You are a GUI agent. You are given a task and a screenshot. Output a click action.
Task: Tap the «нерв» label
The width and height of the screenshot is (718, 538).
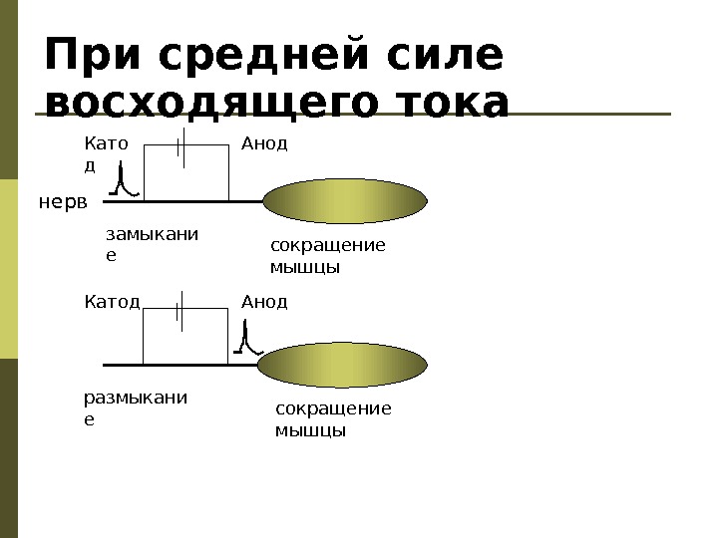(63, 202)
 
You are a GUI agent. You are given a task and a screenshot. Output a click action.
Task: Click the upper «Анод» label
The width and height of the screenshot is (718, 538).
(264, 143)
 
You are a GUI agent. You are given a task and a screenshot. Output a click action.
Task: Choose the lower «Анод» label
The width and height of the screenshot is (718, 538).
(264, 301)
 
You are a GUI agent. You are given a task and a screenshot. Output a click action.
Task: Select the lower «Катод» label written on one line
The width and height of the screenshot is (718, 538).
(111, 301)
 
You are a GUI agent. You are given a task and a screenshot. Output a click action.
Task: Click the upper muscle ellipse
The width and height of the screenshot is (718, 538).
(344, 201)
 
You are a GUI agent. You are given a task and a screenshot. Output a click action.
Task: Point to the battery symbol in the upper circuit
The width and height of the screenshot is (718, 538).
(179, 146)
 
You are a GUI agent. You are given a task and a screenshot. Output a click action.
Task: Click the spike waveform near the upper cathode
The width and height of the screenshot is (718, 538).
(123, 181)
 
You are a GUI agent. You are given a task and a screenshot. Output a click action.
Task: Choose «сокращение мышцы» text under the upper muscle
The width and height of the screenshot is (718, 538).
(327, 256)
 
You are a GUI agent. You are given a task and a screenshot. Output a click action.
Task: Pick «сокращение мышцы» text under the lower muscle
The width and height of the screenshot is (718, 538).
(332, 419)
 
